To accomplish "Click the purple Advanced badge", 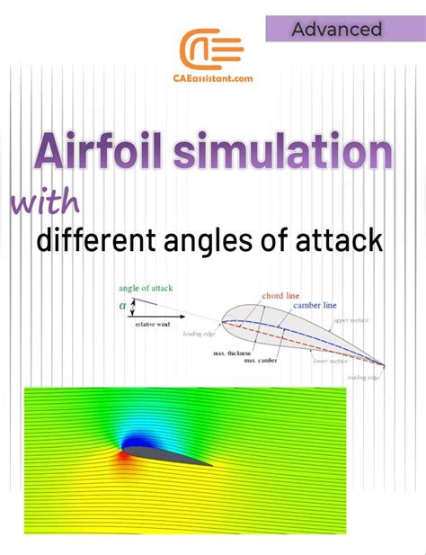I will click(x=336, y=29).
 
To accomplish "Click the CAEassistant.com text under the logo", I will click(x=212, y=79).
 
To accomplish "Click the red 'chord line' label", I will click(x=280, y=295).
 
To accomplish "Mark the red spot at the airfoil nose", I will click(x=122, y=455).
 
